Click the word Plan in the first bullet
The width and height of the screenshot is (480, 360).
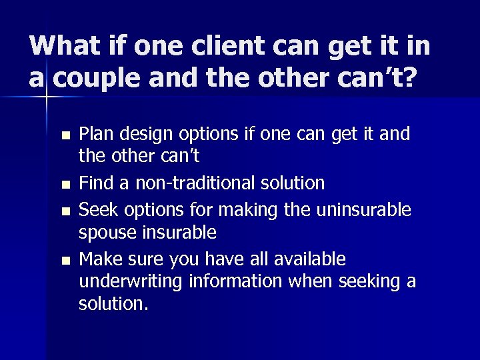point(97,135)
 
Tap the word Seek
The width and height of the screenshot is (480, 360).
point(97,209)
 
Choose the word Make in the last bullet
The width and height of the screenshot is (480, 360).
point(99,258)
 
